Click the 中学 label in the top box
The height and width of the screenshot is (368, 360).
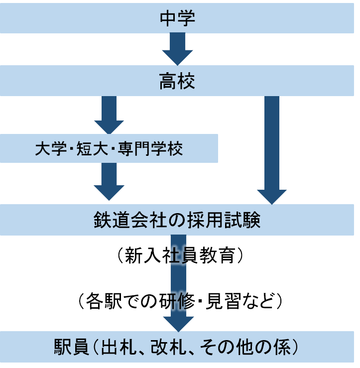point(177,19)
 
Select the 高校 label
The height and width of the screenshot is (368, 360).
point(177,81)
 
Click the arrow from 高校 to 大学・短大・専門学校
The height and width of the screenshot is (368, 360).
point(109,114)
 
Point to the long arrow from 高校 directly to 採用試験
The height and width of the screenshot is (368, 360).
point(272,149)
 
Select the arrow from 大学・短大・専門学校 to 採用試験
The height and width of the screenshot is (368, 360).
point(109,182)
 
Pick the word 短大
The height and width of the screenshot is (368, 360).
point(93,148)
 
